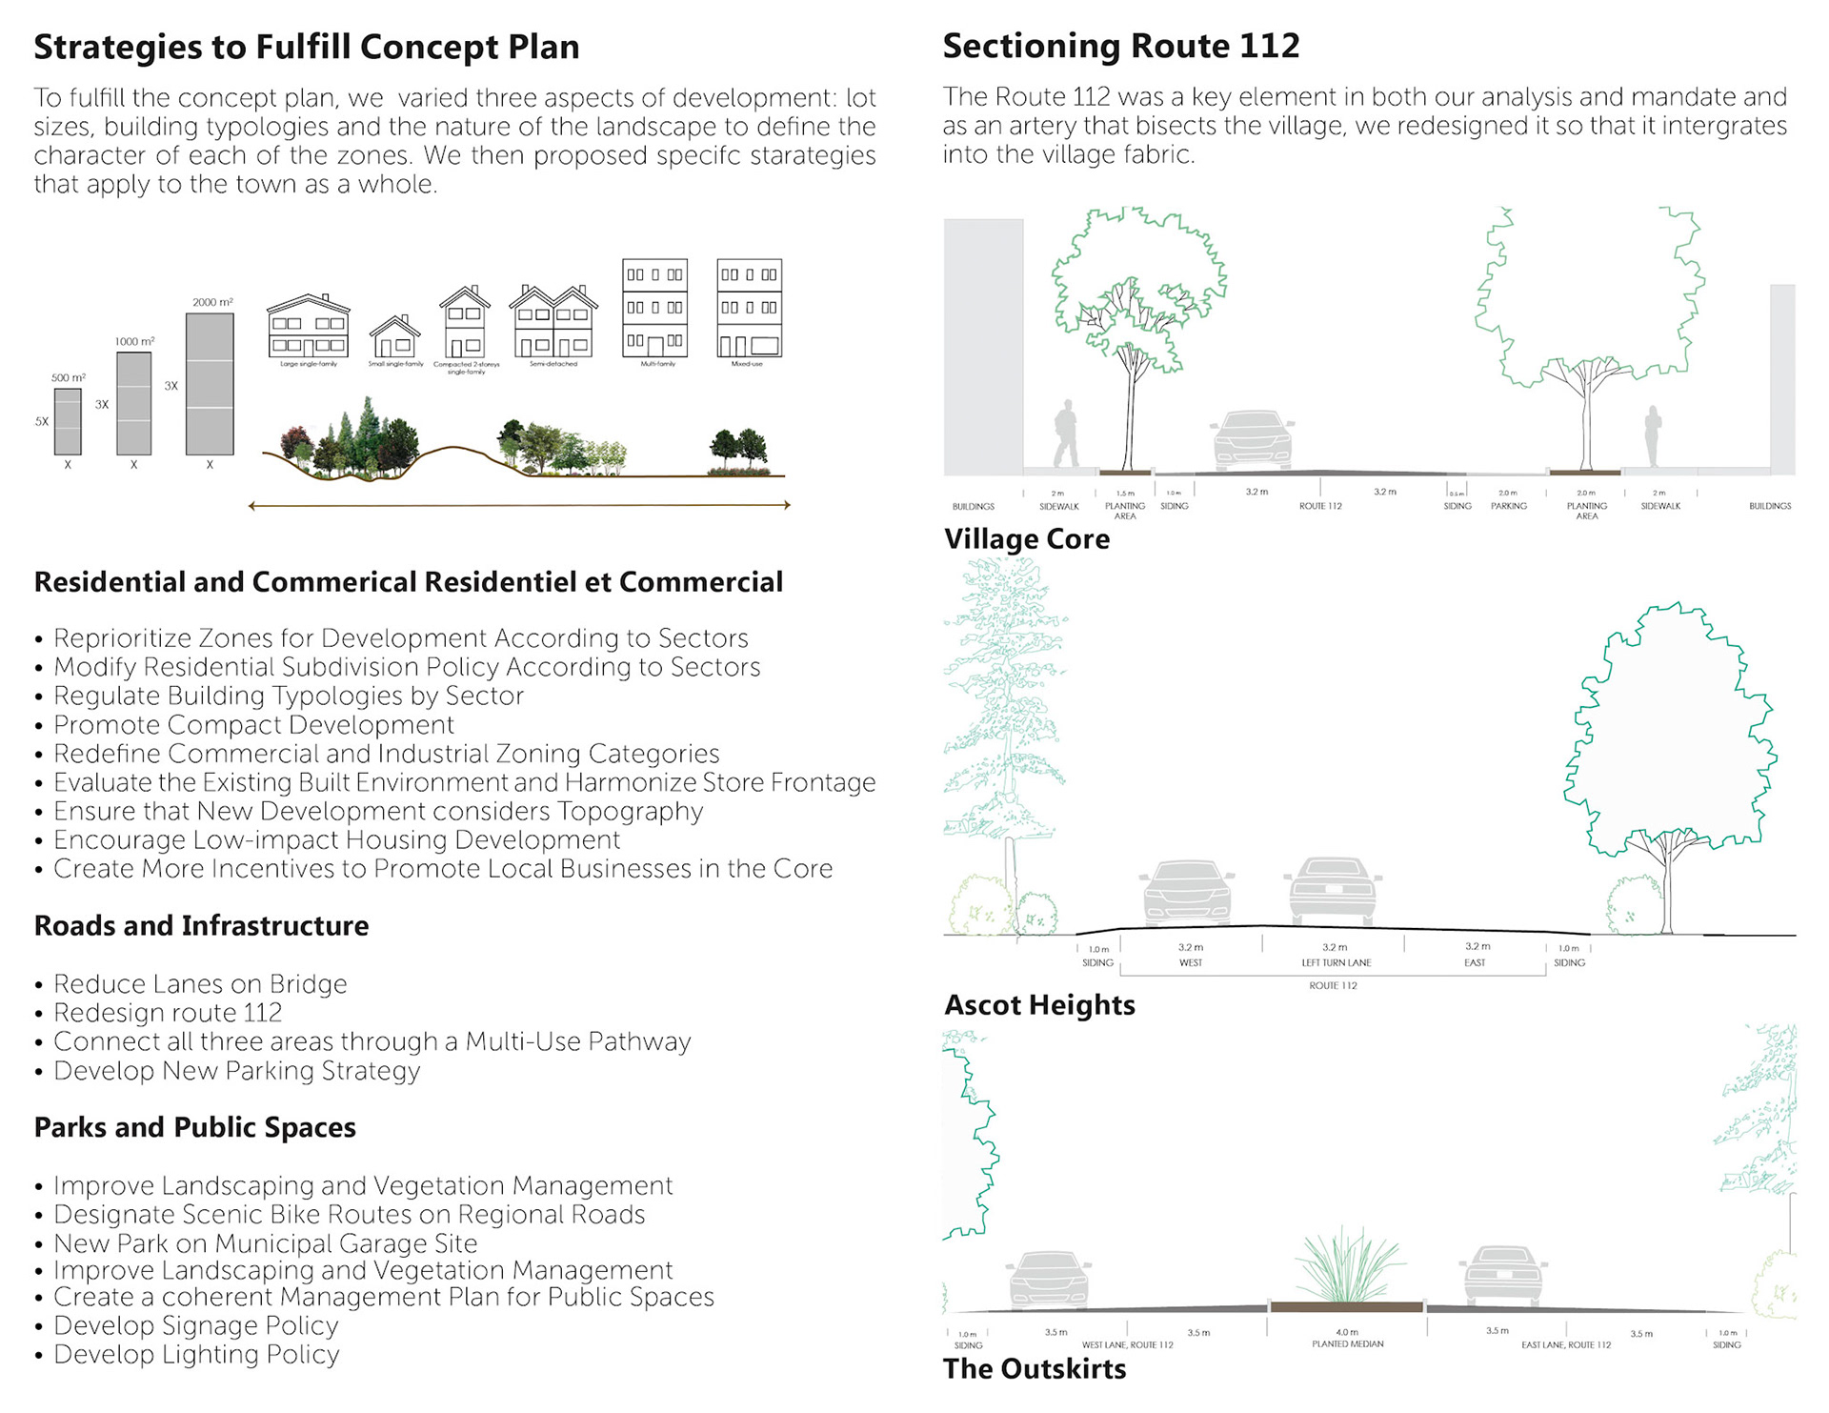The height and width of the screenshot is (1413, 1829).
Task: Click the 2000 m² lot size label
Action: click(212, 302)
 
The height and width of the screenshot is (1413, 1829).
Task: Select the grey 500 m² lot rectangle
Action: click(68, 421)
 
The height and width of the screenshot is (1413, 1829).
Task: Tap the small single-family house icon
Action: click(395, 337)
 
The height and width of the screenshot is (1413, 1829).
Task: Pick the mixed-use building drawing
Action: click(749, 309)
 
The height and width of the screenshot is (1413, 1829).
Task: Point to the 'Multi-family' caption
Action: click(657, 364)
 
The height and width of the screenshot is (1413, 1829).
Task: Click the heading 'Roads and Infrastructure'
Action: click(201, 926)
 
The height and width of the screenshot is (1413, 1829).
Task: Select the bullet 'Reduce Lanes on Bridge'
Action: click(200, 984)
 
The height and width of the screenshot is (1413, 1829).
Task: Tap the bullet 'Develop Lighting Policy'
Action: click(196, 1355)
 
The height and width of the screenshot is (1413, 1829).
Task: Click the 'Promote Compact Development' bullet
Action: click(253, 725)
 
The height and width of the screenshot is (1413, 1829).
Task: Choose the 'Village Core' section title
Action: click(1027, 539)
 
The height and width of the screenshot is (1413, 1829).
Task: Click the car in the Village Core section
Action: click(1252, 440)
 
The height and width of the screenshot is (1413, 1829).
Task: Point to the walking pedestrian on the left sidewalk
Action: click(1066, 434)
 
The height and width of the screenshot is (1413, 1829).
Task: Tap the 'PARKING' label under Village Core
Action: click(1509, 506)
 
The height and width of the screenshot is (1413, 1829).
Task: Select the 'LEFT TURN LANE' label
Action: click(1337, 962)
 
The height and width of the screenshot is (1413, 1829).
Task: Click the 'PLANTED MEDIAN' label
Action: click(1347, 1344)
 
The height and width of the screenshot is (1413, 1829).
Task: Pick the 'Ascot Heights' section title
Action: click(1039, 1005)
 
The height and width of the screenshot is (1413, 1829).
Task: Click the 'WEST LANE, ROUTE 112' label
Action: click(1127, 1345)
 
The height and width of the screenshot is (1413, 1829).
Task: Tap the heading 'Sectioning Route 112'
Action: click(1121, 46)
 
